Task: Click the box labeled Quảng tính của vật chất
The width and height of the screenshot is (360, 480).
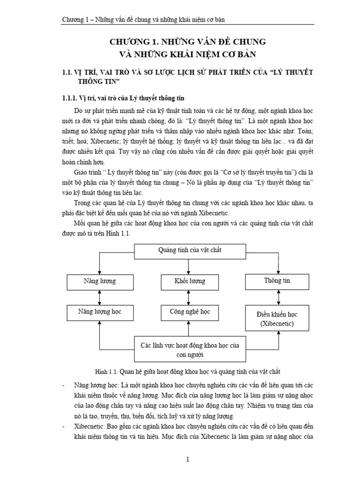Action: [189, 250]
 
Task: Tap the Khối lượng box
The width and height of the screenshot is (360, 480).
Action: [189, 281]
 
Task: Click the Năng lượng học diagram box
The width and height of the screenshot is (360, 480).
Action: [100, 311]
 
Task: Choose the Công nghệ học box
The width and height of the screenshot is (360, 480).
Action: [189, 311]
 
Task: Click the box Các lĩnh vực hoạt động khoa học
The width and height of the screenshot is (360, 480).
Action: [190, 350]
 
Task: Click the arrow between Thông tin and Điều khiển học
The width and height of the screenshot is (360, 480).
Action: [279, 297]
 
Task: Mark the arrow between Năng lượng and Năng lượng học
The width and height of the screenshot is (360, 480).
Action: [100, 296]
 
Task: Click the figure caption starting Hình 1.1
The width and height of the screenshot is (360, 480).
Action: [187, 372]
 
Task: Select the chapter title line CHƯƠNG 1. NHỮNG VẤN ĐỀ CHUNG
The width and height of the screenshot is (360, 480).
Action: [187, 42]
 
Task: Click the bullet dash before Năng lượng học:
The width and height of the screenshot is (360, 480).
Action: [63, 385]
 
